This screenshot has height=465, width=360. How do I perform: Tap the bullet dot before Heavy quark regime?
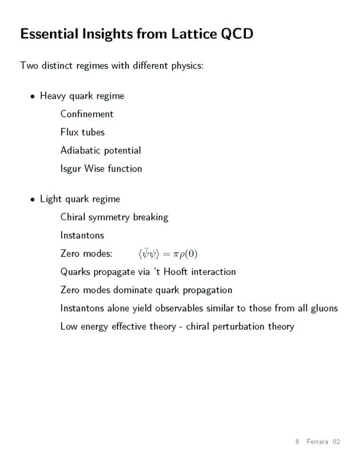point(33,96)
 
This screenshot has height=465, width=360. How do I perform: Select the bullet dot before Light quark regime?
point(33,199)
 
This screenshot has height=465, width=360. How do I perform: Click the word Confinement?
point(87,114)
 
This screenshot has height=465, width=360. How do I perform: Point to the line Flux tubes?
point(82,132)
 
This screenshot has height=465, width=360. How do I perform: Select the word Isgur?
point(71,169)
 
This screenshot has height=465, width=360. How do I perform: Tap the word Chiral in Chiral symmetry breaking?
point(73,217)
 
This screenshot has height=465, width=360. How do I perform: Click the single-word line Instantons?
point(82,235)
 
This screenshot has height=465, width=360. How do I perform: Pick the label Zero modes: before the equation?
point(86,254)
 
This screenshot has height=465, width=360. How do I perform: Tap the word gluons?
point(322,309)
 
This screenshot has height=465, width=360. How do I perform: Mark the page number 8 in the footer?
point(297,442)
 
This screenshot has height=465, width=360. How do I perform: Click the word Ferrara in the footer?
point(318,442)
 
